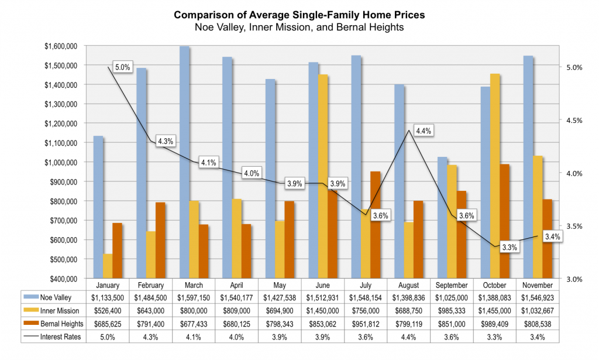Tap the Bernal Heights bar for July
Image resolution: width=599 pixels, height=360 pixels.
(x=376, y=225)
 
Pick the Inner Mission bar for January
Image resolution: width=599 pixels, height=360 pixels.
(x=107, y=266)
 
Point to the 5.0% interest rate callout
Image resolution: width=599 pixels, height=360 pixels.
(x=122, y=68)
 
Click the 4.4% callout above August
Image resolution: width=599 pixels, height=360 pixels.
(x=422, y=131)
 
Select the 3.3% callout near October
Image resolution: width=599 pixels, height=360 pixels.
(x=510, y=248)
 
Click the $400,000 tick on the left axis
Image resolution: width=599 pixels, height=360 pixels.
(x=63, y=279)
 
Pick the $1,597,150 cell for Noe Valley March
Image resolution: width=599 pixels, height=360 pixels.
(x=193, y=297)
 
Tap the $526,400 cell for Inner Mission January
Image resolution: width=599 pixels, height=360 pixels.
(x=108, y=310)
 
